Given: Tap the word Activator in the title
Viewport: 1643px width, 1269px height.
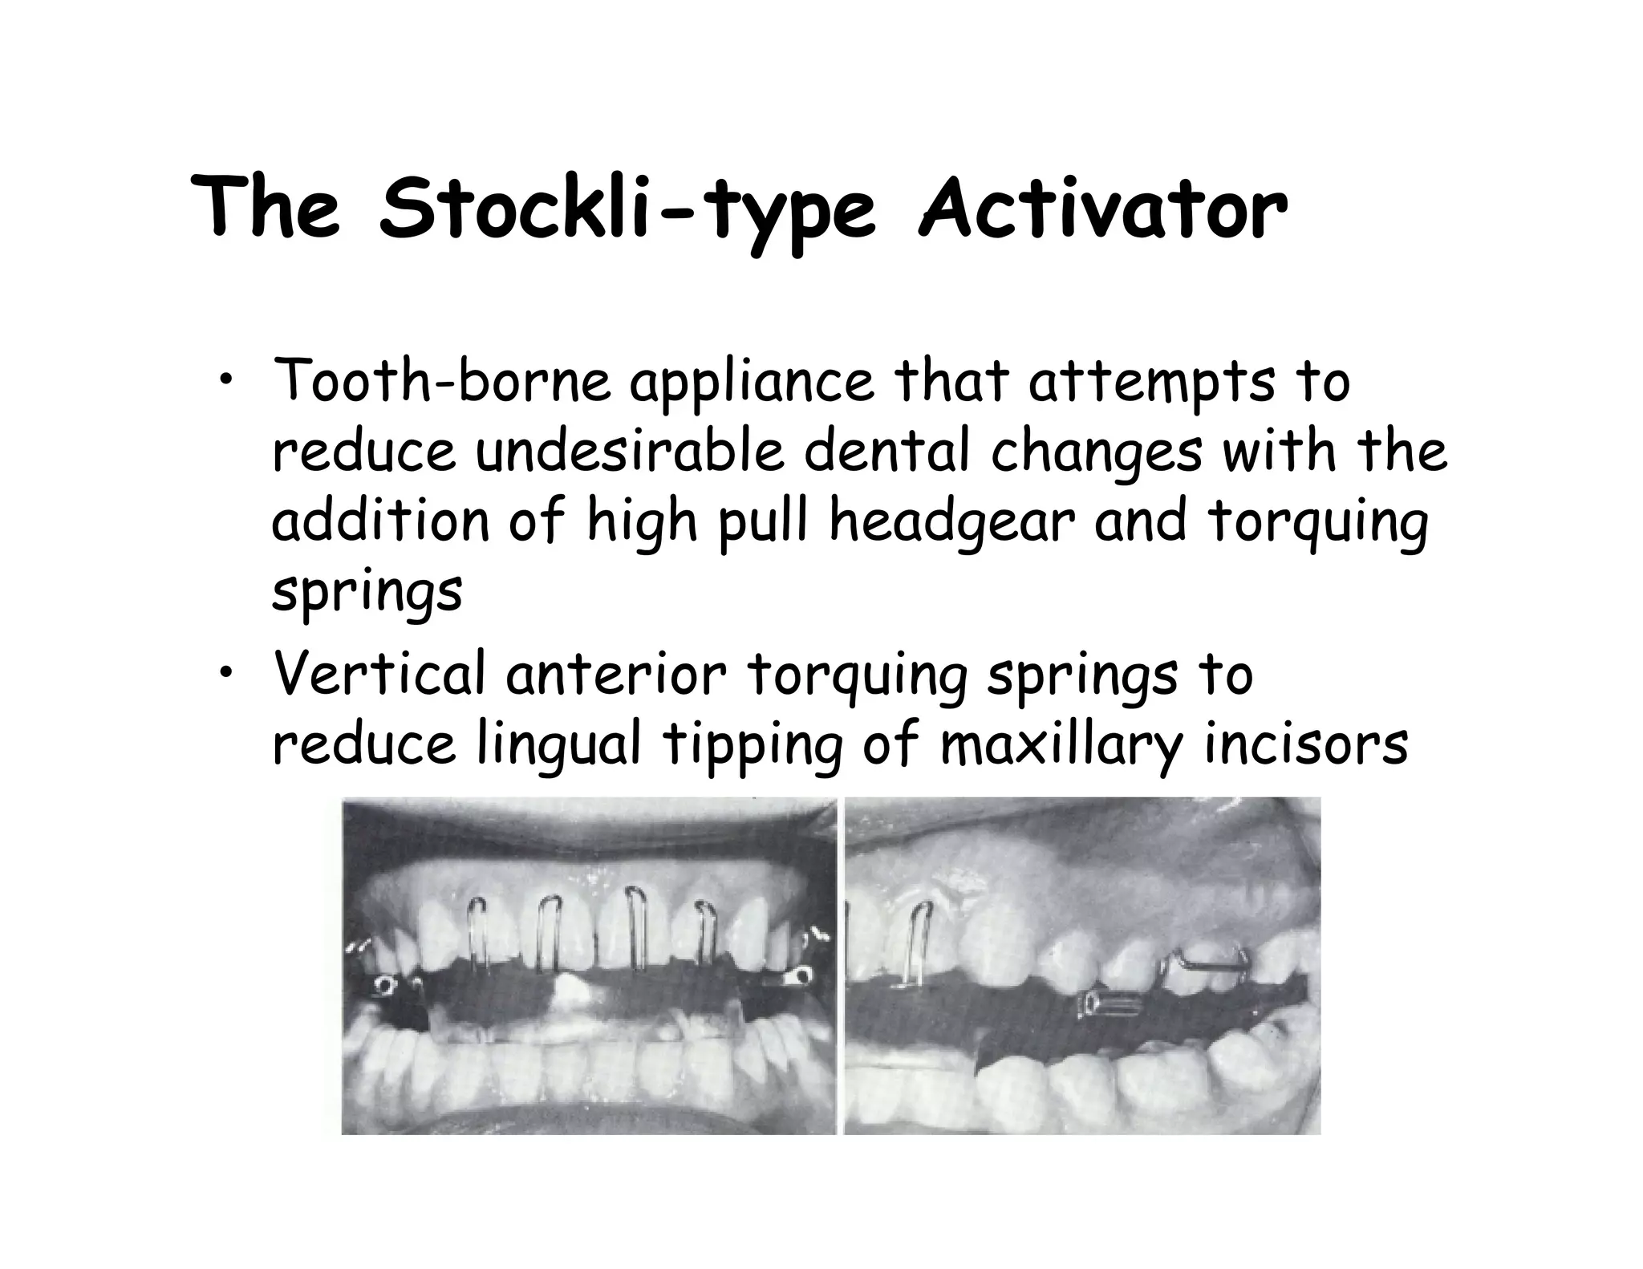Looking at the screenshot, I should coord(1102,210).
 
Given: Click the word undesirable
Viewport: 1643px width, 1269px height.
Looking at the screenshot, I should coord(629,452).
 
